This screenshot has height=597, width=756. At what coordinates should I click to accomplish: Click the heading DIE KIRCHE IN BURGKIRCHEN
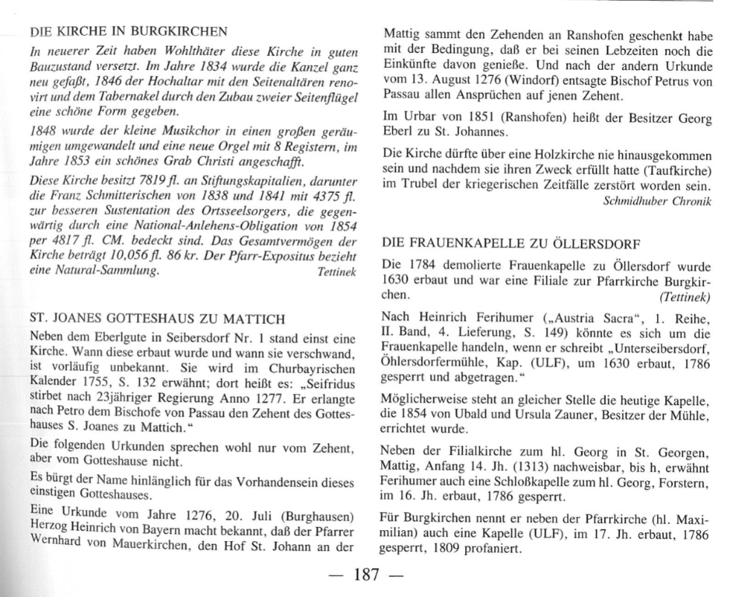(128, 32)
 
